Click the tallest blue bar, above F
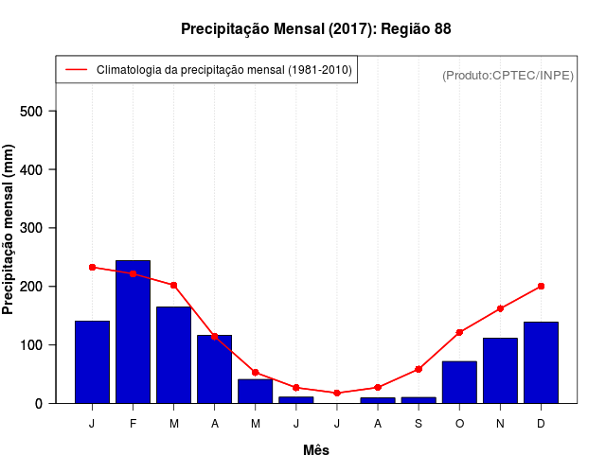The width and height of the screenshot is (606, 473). (133, 331)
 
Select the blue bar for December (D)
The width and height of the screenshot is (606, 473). (541, 362)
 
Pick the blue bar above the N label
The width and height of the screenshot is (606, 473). (500, 370)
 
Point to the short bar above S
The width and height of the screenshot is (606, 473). (419, 400)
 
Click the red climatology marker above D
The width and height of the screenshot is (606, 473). (541, 286)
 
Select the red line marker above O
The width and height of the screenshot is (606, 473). (459, 332)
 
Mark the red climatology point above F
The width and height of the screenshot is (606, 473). (133, 273)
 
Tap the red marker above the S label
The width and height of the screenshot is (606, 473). (419, 369)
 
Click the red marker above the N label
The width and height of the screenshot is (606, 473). (500, 308)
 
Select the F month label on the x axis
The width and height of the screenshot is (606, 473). (133, 423)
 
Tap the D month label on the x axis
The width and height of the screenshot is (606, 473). (541, 423)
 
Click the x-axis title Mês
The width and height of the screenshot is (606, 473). (316, 450)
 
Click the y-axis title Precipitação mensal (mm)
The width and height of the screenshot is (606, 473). (9, 229)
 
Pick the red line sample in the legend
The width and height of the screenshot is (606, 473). (75, 70)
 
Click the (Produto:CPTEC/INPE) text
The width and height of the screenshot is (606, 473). (508, 75)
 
